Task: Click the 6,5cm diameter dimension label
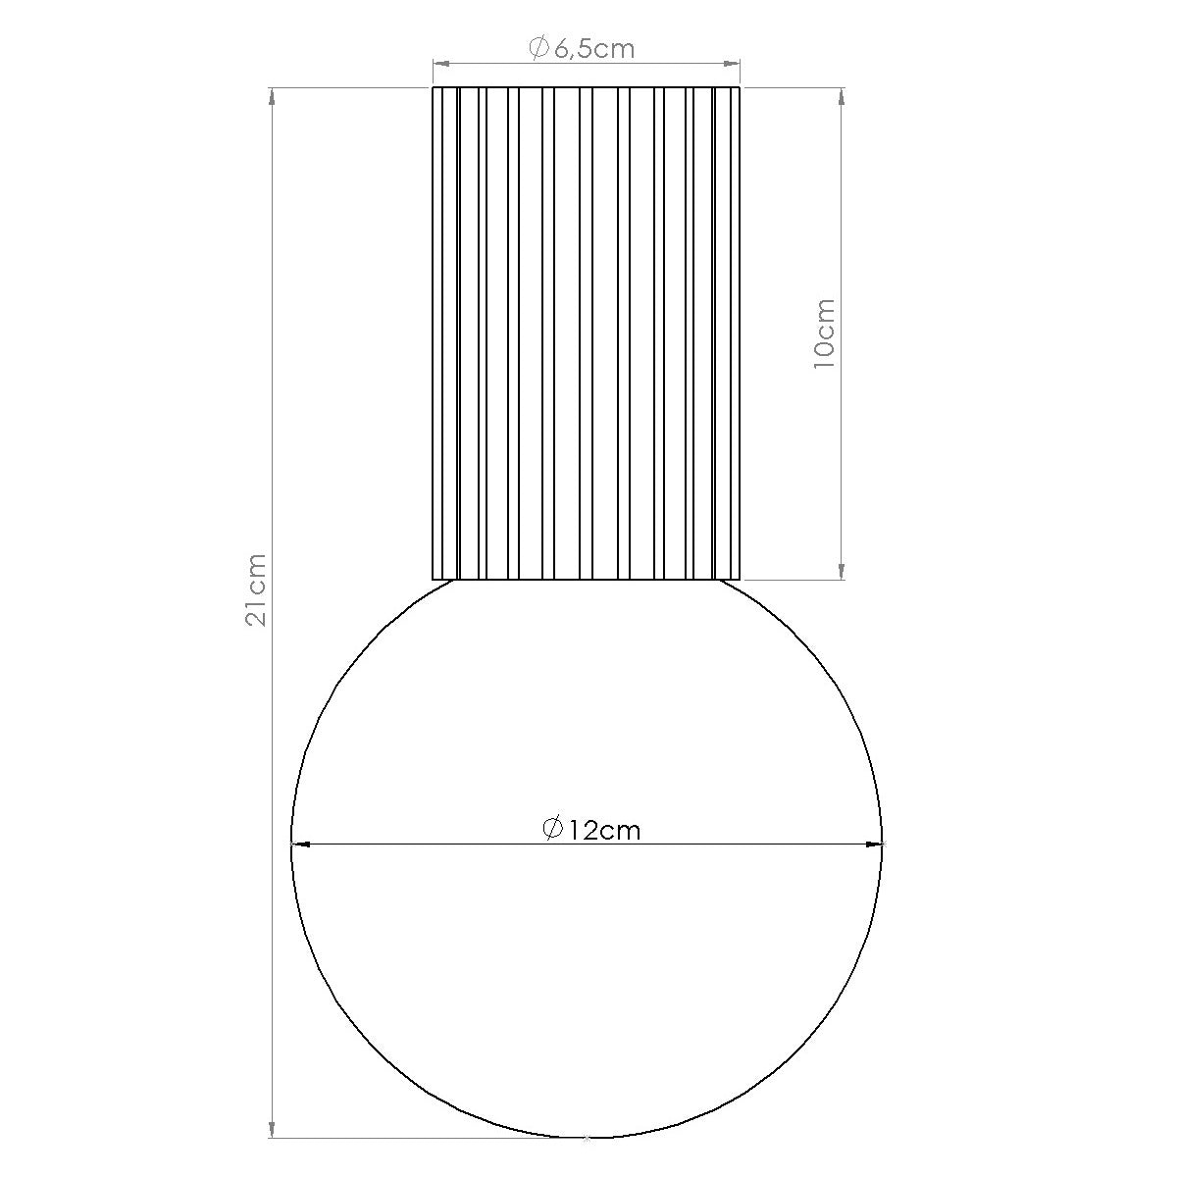point(583,48)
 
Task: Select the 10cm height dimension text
point(824,333)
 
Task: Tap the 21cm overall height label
point(256,589)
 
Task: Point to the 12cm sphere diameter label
point(591,830)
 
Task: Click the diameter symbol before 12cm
point(552,829)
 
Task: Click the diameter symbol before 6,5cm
point(538,47)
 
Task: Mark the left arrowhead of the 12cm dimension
point(300,843)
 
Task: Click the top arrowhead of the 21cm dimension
point(271,96)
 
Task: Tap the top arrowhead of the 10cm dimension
point(841,96)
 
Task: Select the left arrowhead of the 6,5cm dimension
point(441,64)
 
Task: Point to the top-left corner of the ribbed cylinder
point(434,88)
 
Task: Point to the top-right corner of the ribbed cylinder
point(741,88)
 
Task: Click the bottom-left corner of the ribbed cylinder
point(434,579)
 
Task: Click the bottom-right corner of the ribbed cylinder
point(741,579)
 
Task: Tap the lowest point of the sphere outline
point(587,1138)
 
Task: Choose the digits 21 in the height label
point(256,614)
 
